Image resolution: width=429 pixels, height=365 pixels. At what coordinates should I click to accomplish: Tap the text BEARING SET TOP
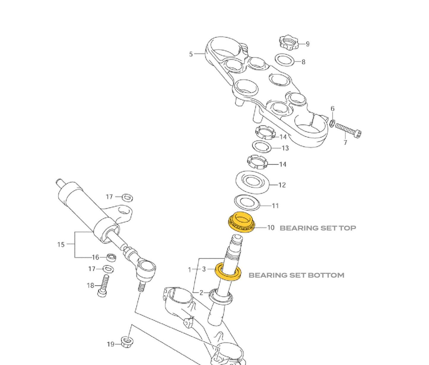318,228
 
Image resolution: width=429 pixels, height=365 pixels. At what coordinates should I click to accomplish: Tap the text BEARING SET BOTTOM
296,275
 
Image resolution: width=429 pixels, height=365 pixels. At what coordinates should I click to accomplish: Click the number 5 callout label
191,54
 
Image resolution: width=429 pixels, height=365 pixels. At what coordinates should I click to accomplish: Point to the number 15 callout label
61,245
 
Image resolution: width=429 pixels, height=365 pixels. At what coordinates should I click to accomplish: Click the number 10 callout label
271,228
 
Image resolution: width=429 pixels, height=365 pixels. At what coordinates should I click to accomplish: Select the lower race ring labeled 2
221,297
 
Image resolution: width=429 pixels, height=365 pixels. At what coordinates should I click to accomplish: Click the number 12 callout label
282,185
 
